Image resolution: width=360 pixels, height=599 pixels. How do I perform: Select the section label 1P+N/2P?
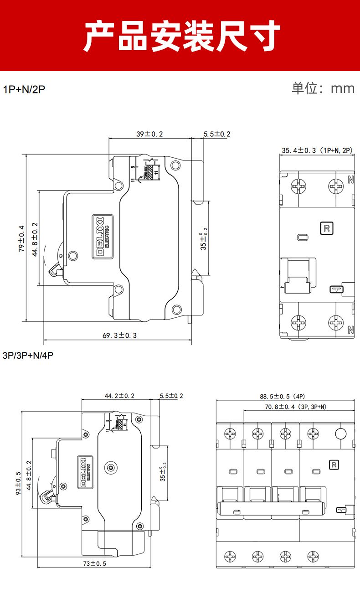coord(24,89)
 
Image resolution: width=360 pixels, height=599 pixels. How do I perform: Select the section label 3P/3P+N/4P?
coord(28,355)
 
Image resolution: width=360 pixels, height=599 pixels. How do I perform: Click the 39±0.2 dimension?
coord(149,134)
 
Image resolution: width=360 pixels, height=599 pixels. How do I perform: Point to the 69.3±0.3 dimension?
coord(119,336)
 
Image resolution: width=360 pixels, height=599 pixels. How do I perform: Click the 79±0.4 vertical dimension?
coord(21,238)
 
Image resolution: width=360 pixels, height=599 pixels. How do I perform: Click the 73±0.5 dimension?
coord(94,563)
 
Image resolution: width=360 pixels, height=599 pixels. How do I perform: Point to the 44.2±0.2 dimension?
coord(120,396)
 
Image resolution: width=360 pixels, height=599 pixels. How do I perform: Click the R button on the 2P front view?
coord(326,228)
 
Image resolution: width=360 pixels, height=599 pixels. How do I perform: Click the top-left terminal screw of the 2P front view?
coord(299,185)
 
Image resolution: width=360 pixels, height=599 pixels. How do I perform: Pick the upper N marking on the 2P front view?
coord(350,180)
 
